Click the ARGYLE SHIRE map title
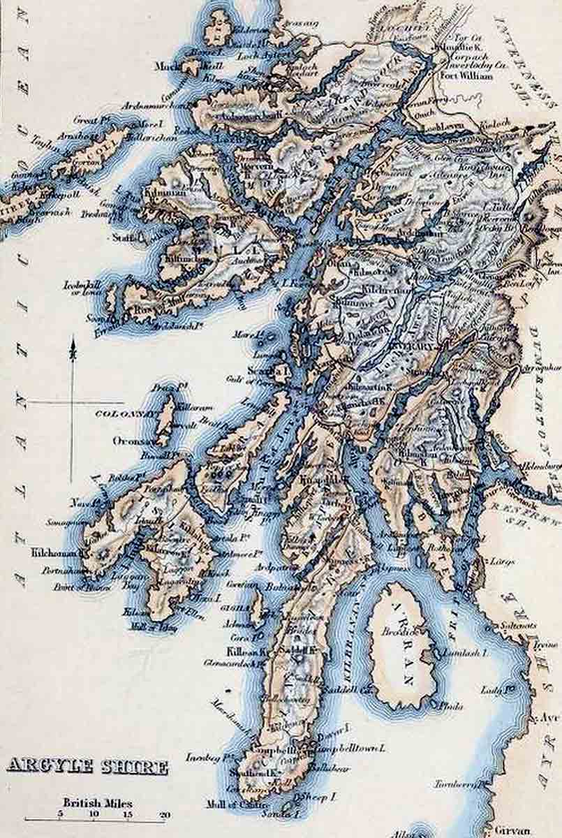87,767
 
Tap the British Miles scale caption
98,803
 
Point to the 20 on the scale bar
165,814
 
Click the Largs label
503,561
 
